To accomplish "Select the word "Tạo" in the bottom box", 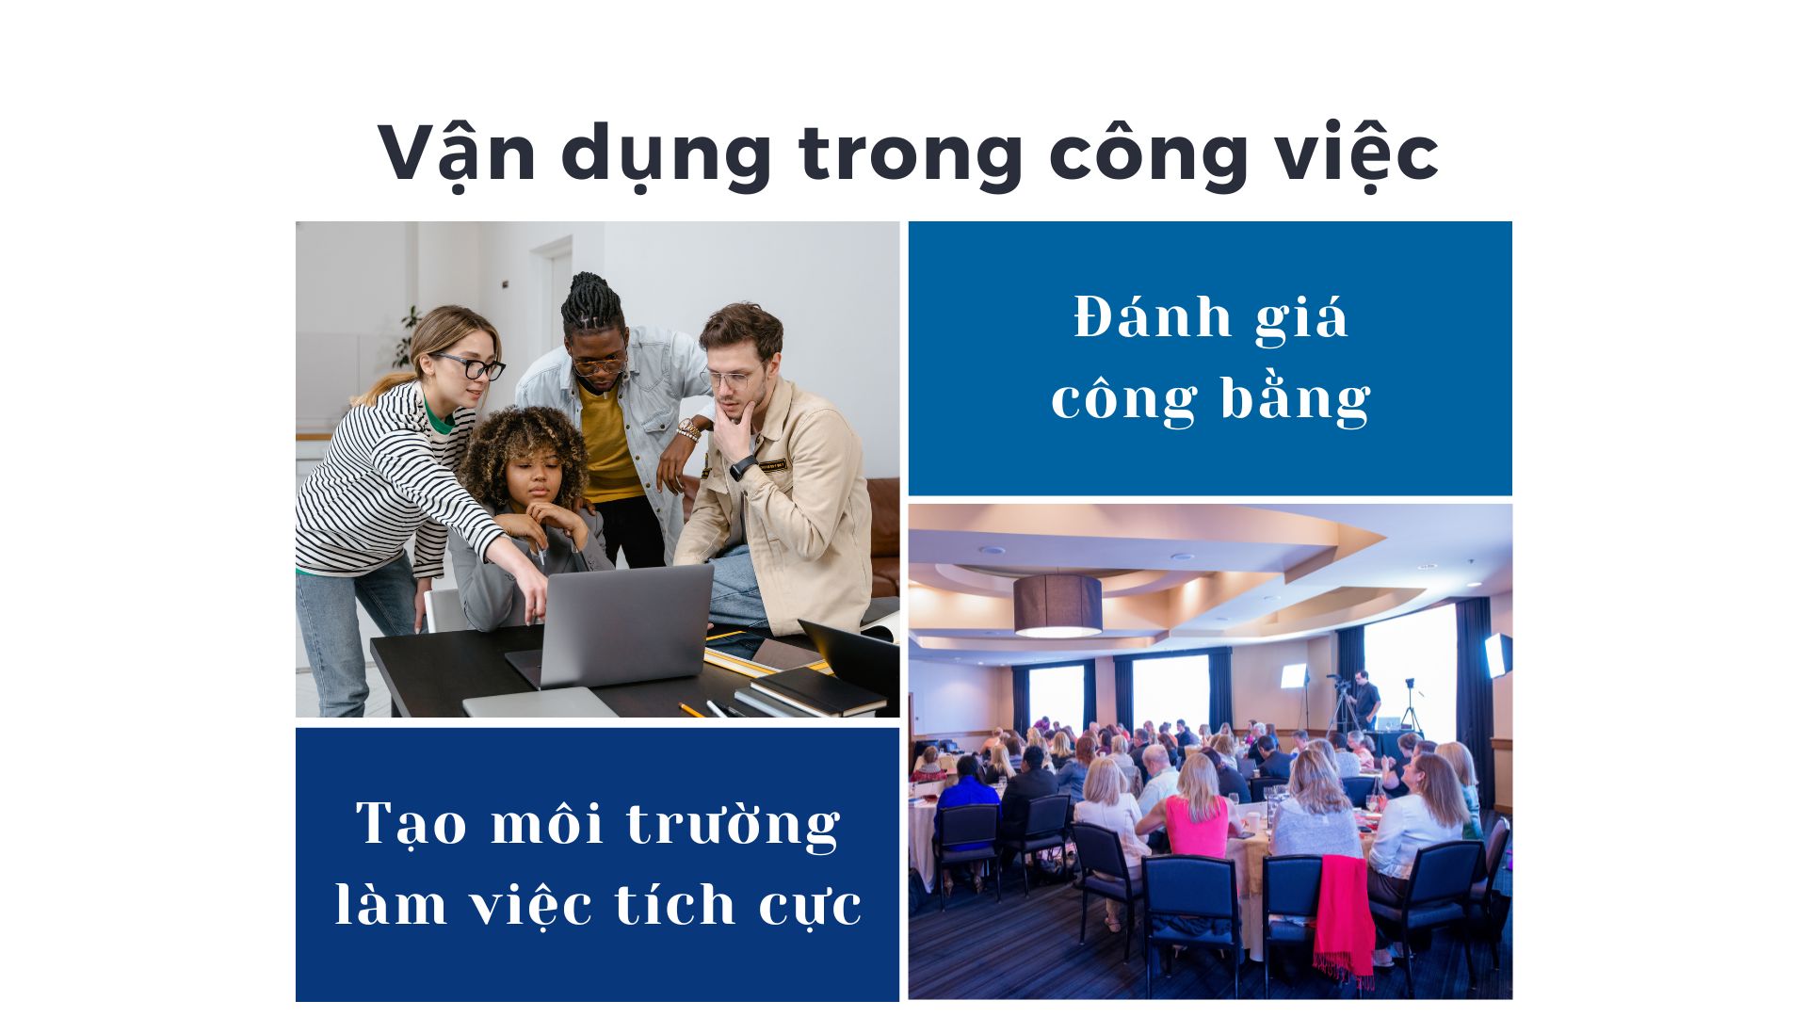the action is pos(412,823).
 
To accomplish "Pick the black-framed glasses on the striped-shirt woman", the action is pos(472,365).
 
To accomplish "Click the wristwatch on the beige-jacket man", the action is pos(742,466).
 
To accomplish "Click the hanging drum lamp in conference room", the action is pos(1057,605).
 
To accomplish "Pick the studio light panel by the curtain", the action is pos(1497,654).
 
